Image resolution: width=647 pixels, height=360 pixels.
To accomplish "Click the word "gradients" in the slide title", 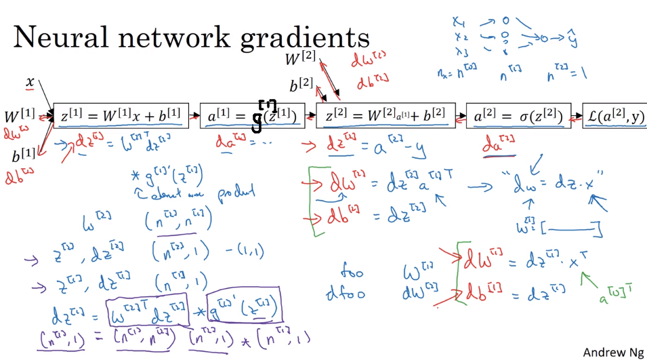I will coord(304,37).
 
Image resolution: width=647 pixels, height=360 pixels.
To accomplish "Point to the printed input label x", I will coord(30,82).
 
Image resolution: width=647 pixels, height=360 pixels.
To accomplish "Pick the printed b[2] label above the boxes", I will coord(302,85).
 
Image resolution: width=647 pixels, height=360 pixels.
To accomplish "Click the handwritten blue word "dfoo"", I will coord(348,294).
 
